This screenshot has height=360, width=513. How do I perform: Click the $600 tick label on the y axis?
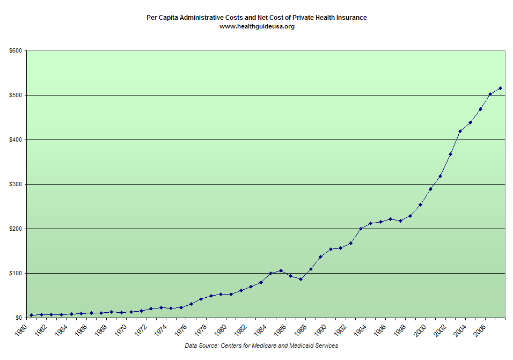pyautogui.click(x=15, y=51)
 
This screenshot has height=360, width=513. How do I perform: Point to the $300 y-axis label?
pyautogui.click(x=15, y=185)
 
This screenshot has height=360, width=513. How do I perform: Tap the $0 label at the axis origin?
pyautogui.click(x=18, y=318)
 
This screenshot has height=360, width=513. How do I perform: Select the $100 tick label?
pyautogui.click(x=15, y=274)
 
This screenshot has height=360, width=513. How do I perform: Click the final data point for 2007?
pyautogui.click(x=500, y=88)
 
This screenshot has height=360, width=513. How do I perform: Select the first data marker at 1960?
pyautogui.click(x=31, y=315)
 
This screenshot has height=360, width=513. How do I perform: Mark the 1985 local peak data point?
pyautogui.click(x=281, y=270)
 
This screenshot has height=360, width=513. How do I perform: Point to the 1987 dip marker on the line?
pyautogui.click(x=301, y=279)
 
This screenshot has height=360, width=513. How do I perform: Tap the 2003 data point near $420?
pyautogui.click(x=460, y=131)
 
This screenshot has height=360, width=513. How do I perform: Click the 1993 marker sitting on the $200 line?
pyautogui.click(x=361, y=229)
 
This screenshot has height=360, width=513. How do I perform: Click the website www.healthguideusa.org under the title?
pyautogui.click(x=257, y=26)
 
